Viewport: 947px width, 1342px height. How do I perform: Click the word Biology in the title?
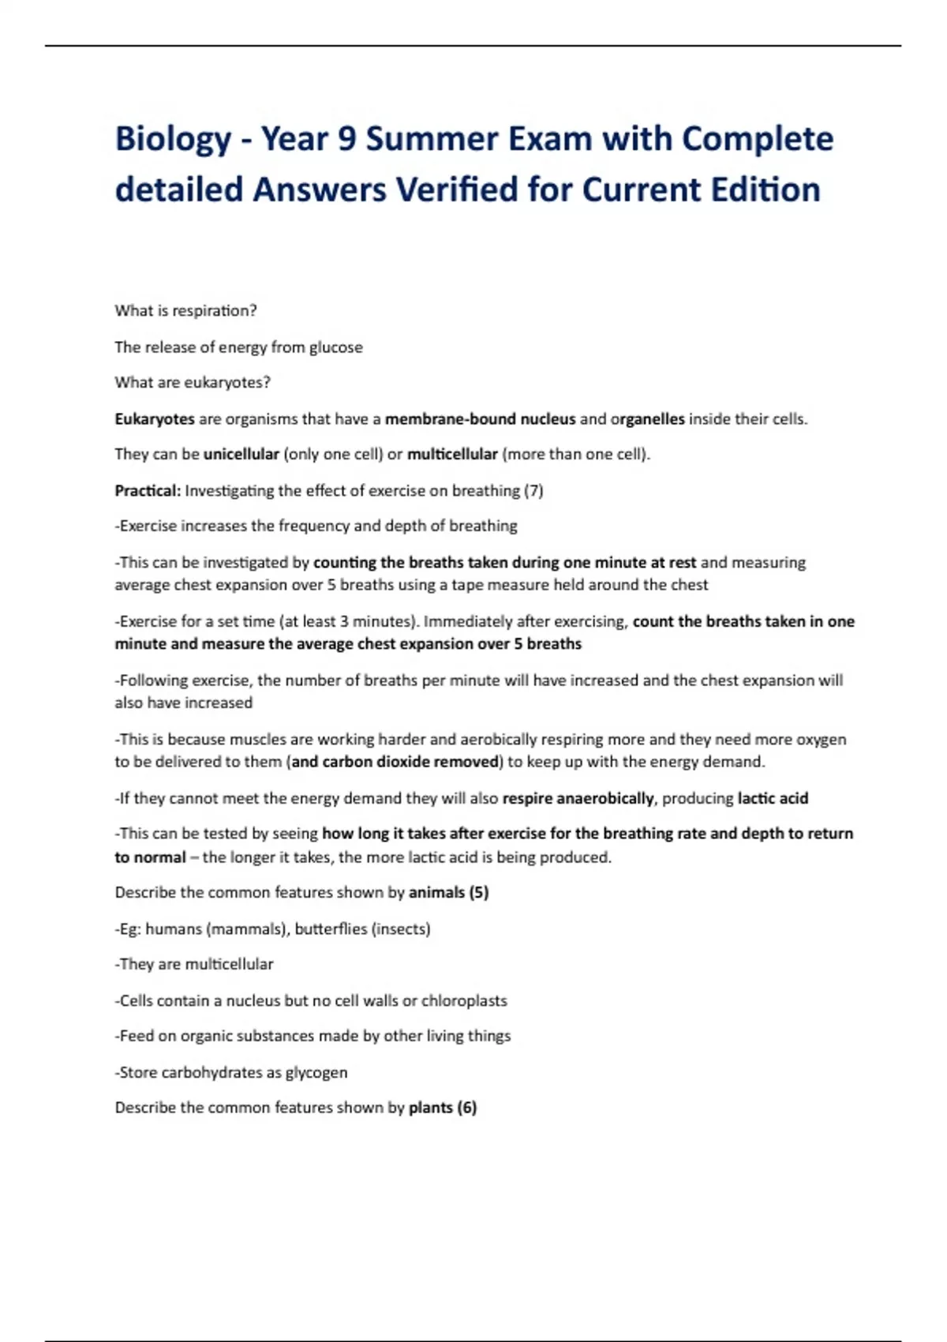coord(173,140)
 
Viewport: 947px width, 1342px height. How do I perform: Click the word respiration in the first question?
coord(215,311)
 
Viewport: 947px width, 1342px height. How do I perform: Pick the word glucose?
coord(335,347)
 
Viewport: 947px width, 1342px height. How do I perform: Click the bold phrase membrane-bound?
coord(440,419)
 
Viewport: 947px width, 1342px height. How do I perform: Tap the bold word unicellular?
coord(241,455)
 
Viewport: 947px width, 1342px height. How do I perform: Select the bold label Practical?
coord(148,491)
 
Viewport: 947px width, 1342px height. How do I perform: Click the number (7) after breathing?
coord(533,491)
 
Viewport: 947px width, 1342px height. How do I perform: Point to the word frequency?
coord(311,526)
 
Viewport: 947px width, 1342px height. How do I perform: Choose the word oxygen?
coord(822,740)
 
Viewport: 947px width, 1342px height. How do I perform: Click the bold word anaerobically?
coord(605,798)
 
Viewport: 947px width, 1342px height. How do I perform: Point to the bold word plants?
coord(430,1108)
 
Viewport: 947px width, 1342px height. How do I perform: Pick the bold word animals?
coord(436,893)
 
